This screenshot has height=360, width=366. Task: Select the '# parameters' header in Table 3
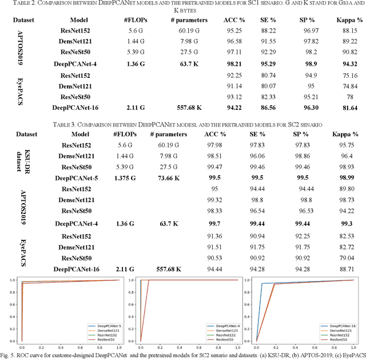coord(169,134)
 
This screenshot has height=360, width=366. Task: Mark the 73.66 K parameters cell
coord(169,178)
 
